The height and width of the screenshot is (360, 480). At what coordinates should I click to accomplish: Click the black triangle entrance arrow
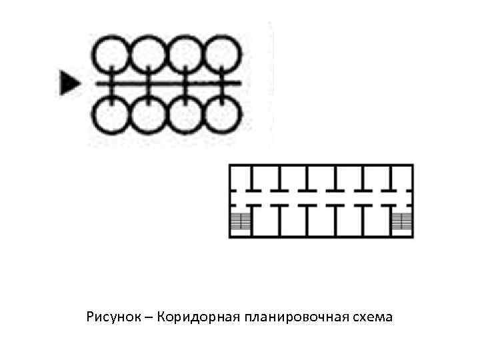pos(68,83)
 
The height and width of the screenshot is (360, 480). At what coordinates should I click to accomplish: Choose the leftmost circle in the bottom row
pos(110,114)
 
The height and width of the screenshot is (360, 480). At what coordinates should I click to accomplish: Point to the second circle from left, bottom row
pos(147,114)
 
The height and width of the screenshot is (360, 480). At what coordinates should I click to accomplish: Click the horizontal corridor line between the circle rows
pos(167,83)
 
